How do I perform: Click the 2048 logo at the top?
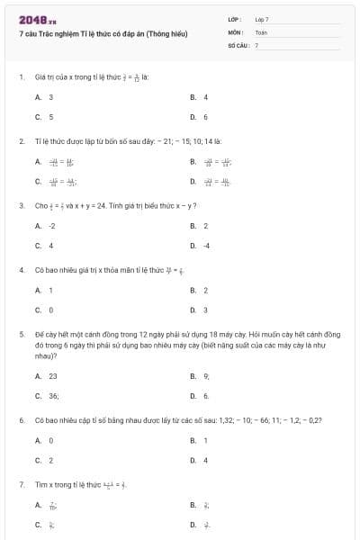tap(31, 19)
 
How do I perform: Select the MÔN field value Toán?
tap(261, 31)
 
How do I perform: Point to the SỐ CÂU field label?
tap(238, 44)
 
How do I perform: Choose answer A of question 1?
tap(45, 97)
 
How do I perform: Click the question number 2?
tap(21, 141)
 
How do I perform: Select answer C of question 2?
tap(56, 182)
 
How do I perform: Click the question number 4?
tap(21, 269)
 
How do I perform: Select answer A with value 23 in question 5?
tap(47, 376)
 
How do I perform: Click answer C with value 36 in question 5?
tap(48, 396)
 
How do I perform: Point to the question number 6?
tap(21, 420)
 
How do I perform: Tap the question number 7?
tap(21, 484)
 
